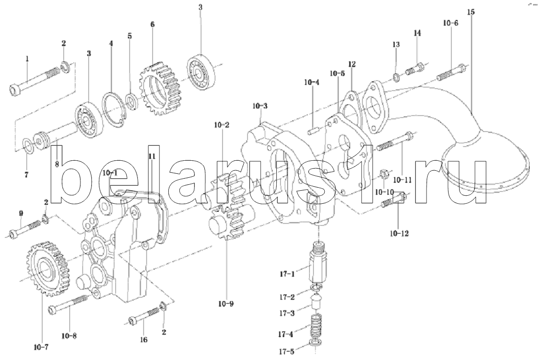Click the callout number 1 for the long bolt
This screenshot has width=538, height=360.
[27, 58]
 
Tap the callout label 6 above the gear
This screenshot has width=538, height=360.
[152, 24]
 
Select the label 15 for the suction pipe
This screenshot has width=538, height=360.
[471, 12]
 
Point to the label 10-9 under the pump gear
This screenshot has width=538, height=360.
[226, 304]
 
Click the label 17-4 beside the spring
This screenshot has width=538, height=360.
[286, 334]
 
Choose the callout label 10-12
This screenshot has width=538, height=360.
[400, 234]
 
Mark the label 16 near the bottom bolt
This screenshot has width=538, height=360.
[144, 340]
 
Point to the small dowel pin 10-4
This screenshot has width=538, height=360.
[314, 131]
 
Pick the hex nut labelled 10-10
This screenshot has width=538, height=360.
[384, 174]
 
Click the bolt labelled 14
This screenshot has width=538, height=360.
[415, 68]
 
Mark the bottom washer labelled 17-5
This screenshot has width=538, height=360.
[315, 343]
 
